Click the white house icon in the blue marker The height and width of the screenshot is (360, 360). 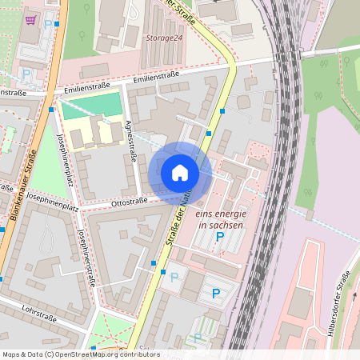[180, 173]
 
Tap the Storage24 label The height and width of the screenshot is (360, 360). [164, 38]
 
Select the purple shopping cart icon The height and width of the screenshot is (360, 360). [30, 20]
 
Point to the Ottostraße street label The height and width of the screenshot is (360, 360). [130, 202]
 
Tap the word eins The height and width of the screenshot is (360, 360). [207, 214]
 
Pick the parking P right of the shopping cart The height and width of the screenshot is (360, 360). [48, 24]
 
